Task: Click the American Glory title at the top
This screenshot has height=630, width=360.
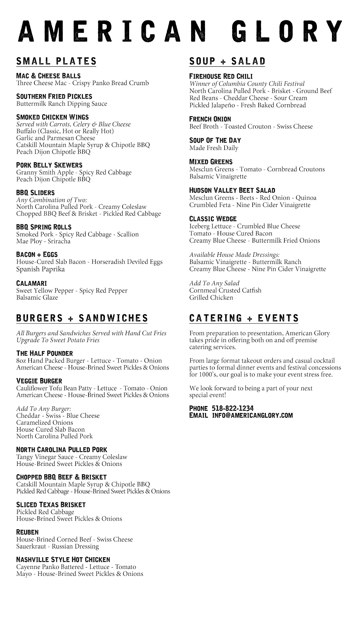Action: coord(180,31)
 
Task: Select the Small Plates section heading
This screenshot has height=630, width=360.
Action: coord(56,61)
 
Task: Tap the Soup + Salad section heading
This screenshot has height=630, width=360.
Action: coord(227,61)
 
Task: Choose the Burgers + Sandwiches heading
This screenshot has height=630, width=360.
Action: coord(82,318)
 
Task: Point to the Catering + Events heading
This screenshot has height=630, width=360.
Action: coord(244,318)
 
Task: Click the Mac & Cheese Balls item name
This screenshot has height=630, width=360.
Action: coord(48,76)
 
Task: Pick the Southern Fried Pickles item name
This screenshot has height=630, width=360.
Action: coord(54,96)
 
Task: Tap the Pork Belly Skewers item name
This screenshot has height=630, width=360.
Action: coord(49,165)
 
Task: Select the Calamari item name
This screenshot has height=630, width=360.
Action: coord(31,283)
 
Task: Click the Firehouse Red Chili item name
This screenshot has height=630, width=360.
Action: coord(221,76)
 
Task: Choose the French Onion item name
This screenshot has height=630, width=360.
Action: coord(210,119)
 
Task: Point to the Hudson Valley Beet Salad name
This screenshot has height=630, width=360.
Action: coord(232,190)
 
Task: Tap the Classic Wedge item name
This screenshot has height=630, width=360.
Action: coord(213,219)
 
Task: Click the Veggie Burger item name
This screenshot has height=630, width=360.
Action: coord(39,381)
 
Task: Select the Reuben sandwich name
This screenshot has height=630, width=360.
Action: coord(27,532)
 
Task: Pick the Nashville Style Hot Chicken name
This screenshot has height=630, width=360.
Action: coord(63,560)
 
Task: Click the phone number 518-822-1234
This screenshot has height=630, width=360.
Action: coord(233,409)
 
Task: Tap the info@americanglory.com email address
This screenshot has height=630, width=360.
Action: coord(252,415)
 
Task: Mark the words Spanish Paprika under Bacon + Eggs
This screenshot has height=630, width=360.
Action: coord(40,269)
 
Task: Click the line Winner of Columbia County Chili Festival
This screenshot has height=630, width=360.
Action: coord(247,84)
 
